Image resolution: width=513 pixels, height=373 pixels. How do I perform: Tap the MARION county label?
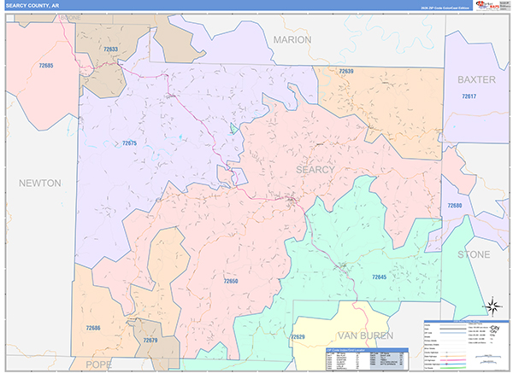(293, 40)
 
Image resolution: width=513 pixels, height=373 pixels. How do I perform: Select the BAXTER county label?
(476, 79)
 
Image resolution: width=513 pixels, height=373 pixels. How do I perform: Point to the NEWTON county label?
(41, 183)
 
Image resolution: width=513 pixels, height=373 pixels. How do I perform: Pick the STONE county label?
(474, 254)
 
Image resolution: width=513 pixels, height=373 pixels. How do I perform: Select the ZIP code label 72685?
(46, 66)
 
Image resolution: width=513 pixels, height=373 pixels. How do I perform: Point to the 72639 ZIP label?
(345, 72)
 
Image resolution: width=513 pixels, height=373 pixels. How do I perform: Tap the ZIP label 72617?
(469, 96)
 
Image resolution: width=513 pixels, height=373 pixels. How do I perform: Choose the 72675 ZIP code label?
(129, 143)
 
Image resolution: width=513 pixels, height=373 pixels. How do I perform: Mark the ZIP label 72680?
(454, 206)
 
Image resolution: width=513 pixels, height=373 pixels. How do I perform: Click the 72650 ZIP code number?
(231, 281)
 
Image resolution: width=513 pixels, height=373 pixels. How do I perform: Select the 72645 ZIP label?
(380, 277)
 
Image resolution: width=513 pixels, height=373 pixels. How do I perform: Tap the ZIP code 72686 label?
(93, 328)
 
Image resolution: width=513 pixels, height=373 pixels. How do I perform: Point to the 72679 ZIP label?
(150, 341)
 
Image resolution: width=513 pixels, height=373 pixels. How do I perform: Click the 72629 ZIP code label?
(298, 337)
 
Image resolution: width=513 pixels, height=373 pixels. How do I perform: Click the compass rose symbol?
(492, 306)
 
